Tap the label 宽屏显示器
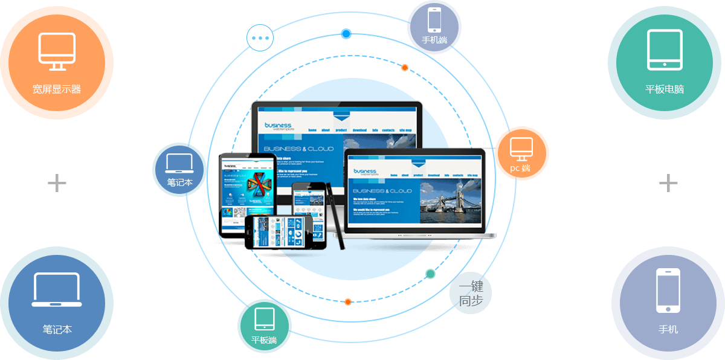[57, 89]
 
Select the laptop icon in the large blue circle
[56, 290]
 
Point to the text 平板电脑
[665, 89]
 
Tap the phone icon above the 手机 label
[668, 291]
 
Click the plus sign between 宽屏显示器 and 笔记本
[57, 182]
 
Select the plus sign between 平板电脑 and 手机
[668, 182]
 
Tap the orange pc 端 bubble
[522, 153]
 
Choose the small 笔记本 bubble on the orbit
[179, 170]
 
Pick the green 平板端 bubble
[265, 326]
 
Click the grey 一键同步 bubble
[471, 294]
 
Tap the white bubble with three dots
[260, 37]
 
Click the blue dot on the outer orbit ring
[346, 34]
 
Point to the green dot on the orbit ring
[430, 274]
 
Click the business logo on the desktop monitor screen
[278, 126]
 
